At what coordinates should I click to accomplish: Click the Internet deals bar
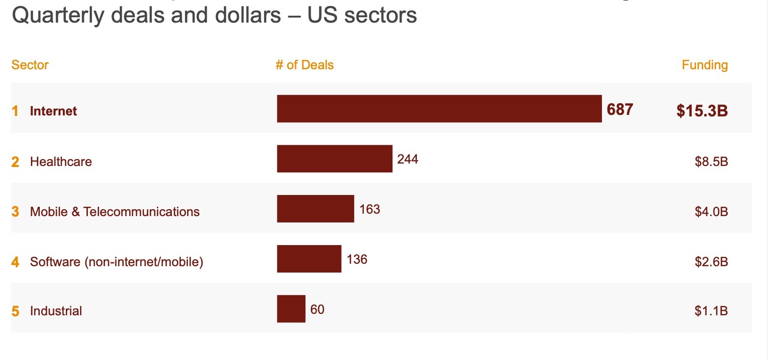pos(439,109)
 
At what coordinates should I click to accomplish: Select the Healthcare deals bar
pos(334,159)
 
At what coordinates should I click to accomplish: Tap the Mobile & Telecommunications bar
pos(315,209)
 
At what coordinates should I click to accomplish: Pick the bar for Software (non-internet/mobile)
pos(309,259)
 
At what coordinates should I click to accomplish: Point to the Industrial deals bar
pos(291,309)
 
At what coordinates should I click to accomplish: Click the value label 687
pos(620,109)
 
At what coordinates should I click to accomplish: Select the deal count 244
pos(408,159)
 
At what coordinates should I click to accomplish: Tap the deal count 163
pos(369,209)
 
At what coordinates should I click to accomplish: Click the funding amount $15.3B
pos(702,111)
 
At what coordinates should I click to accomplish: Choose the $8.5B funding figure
pos(711,162)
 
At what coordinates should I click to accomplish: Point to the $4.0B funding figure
pos(711,212)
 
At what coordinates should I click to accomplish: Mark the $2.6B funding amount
pos(711,262)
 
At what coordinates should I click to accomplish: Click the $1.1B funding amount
pos(711,311)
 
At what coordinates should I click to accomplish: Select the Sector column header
pos(30,65)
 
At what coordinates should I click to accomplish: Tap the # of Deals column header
pos(304,65)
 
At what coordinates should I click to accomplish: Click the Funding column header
pos(705,65)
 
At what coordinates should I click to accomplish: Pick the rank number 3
pos(15,212)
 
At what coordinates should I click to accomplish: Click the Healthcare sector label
pos(61,162)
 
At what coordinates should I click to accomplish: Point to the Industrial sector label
pos(56,311)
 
